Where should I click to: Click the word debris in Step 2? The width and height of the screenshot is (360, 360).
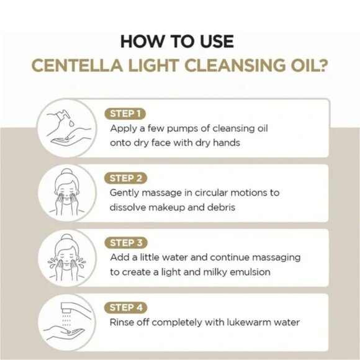tap(220, 207)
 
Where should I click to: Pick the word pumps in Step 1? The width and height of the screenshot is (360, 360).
tap(167, 128)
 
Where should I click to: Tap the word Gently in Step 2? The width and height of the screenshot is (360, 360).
tap(125, 193)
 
